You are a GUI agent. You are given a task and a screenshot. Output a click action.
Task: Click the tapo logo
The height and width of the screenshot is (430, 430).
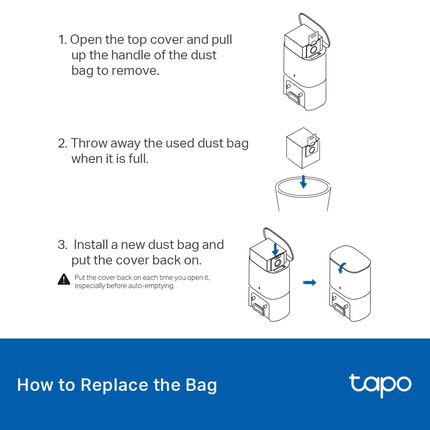click(380, 385)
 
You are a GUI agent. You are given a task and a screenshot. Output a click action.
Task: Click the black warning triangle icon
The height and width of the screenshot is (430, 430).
click(64, 279)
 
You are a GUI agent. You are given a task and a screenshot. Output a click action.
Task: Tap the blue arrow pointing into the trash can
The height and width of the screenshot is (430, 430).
click(304, 181)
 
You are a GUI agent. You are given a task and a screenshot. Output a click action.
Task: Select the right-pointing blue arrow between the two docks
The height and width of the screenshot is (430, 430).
click(309, 283)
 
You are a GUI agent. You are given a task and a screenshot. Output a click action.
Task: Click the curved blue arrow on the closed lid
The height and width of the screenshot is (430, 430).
click(341, 268)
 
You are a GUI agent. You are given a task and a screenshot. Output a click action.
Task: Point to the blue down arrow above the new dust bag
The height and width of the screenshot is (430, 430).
click(276, 248)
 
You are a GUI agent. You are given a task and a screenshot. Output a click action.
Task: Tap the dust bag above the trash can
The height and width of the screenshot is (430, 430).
click(303, 148)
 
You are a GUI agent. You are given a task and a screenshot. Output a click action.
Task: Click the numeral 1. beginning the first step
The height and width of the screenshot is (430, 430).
click(63, 40)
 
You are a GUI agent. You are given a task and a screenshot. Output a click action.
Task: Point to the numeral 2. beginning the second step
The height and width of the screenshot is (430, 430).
click(63, 143)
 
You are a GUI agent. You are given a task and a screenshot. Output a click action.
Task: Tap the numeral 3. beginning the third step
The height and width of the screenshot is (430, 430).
click(63, 245)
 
